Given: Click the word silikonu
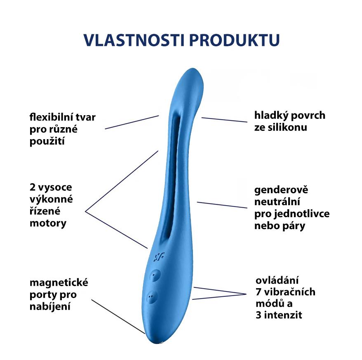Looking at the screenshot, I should (x=280, y=127).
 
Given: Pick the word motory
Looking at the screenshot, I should (x=48, y=223).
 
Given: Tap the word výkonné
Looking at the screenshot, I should (x=51, y=199).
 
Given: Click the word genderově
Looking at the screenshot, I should (x=281, y=190).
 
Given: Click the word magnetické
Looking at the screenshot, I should (x=59, y=283).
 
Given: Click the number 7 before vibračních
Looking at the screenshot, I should (x=259, y=292).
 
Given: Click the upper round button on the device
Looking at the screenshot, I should (x=155, y=274).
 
